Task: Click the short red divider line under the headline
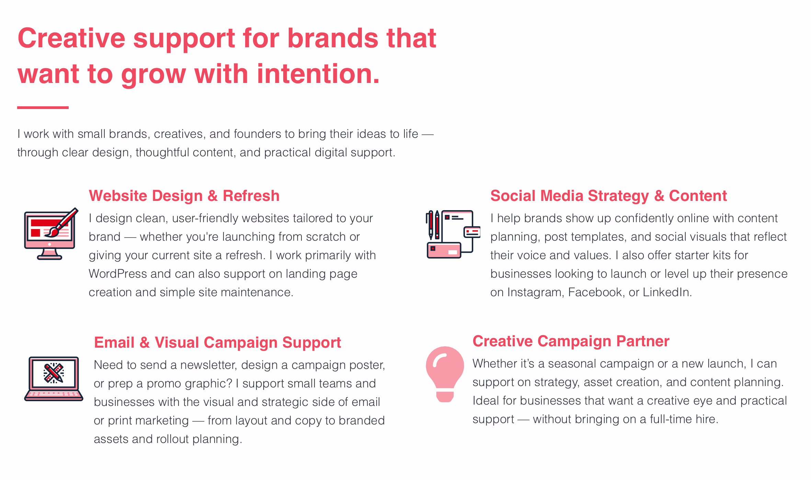tap(43, 108)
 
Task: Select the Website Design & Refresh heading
tap(184, 196)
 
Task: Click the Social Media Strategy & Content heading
tap(608, 196)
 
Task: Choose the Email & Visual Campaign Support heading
tap(217, 343)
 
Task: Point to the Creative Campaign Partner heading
tap(571, 341)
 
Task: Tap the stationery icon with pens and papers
tap(453, 234)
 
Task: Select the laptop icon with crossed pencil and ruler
tap(54, 379)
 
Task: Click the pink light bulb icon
tap(445, 374)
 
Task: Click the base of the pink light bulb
tap(445, 396)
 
